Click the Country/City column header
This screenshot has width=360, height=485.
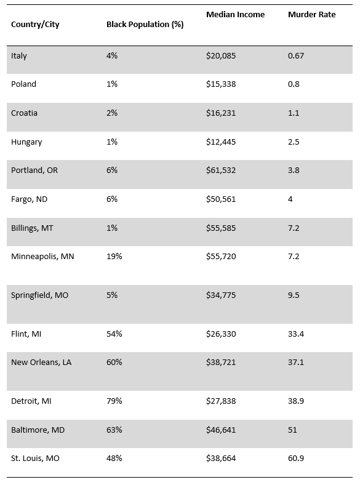coord(35,25)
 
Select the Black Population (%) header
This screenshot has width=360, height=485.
coord(145,25)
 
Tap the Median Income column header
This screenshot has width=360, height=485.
coord(235,15)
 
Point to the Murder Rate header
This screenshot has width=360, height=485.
coord(312,15)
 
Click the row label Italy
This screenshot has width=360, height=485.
coord(19,55)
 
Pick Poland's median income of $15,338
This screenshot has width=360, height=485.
coord(221,84)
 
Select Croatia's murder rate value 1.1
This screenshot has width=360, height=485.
coord(294,113)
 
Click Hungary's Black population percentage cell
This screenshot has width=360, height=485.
coord(112,142)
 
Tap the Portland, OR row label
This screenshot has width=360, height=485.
coord(34,170)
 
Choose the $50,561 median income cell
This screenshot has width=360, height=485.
coord(221,199)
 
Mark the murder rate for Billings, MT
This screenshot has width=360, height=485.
coord(294,228)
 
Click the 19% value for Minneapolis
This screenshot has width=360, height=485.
coord(114,257)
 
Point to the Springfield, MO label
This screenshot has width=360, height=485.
coord(39,295)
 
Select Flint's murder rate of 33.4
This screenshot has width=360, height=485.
coord(295,334)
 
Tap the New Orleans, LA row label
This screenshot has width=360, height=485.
coord(41,362)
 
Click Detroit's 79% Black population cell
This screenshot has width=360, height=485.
coord(114,401)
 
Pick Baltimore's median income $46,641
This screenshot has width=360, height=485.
coord(221,430)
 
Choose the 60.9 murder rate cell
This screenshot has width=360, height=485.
coord(295,459)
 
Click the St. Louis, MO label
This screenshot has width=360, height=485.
coord(35,459)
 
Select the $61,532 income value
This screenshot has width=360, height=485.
coord(221,170)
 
